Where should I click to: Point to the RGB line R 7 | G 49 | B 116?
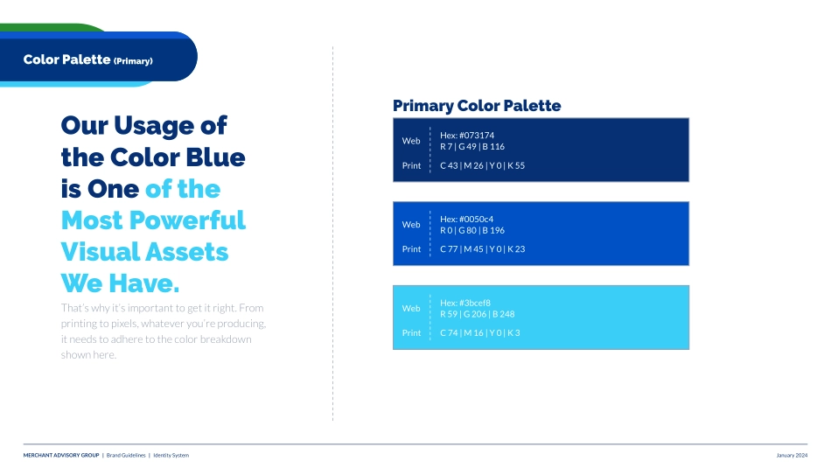click(x=472, y=146)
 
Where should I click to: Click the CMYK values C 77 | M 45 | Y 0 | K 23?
click(x=482, y=248)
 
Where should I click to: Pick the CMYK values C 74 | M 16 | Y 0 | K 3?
click(x=479, y=332)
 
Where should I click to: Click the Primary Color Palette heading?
click(x=477, y=106)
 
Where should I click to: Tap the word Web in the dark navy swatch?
click(x=411, y=141)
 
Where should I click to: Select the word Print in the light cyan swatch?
click(x=411, y=332)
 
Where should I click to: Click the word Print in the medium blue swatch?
click(x=411, y=248)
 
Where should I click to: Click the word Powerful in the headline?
click(x=187, y=220)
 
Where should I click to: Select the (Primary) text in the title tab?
click(x=133, y=61)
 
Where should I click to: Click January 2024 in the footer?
click(x=792, y=455)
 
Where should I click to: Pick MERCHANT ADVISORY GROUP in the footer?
click(x=61, y=455)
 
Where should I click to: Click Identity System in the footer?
click(x=171, y=455)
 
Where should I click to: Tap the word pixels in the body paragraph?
click(x=124, y=324)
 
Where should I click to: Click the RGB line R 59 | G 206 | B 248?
click(x=477, y=314)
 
